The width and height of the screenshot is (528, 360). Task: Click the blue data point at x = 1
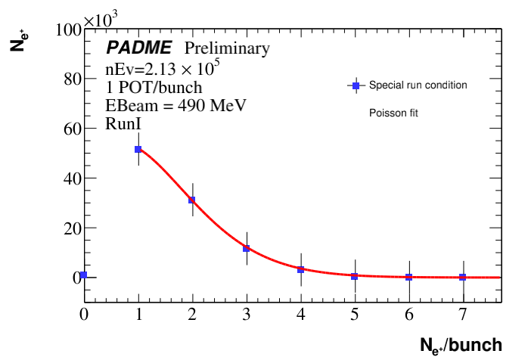pos(138,150)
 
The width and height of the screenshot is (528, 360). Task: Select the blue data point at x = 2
pos(192,200)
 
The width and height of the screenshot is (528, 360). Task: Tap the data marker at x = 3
pos(246,248)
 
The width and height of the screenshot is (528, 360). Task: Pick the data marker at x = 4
pos(300,269)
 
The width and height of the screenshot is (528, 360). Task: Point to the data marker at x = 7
pos(462,277)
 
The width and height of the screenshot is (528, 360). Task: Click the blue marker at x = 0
pos(84,275)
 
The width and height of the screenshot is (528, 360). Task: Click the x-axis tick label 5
pos(354,312)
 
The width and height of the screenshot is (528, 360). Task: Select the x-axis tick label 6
pos(408,312)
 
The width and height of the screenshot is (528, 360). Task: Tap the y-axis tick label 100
pos(67,30)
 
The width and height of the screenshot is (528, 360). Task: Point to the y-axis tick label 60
pos(70,129)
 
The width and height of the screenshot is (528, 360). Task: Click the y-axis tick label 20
pos(70,228)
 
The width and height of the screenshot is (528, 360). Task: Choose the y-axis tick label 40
pos(70,178)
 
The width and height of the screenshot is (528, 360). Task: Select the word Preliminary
pos(227,49)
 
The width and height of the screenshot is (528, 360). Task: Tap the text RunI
pos(121,125)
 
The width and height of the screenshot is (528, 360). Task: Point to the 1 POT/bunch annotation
pos(154,88)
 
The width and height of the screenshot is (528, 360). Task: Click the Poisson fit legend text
pos(394,113)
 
